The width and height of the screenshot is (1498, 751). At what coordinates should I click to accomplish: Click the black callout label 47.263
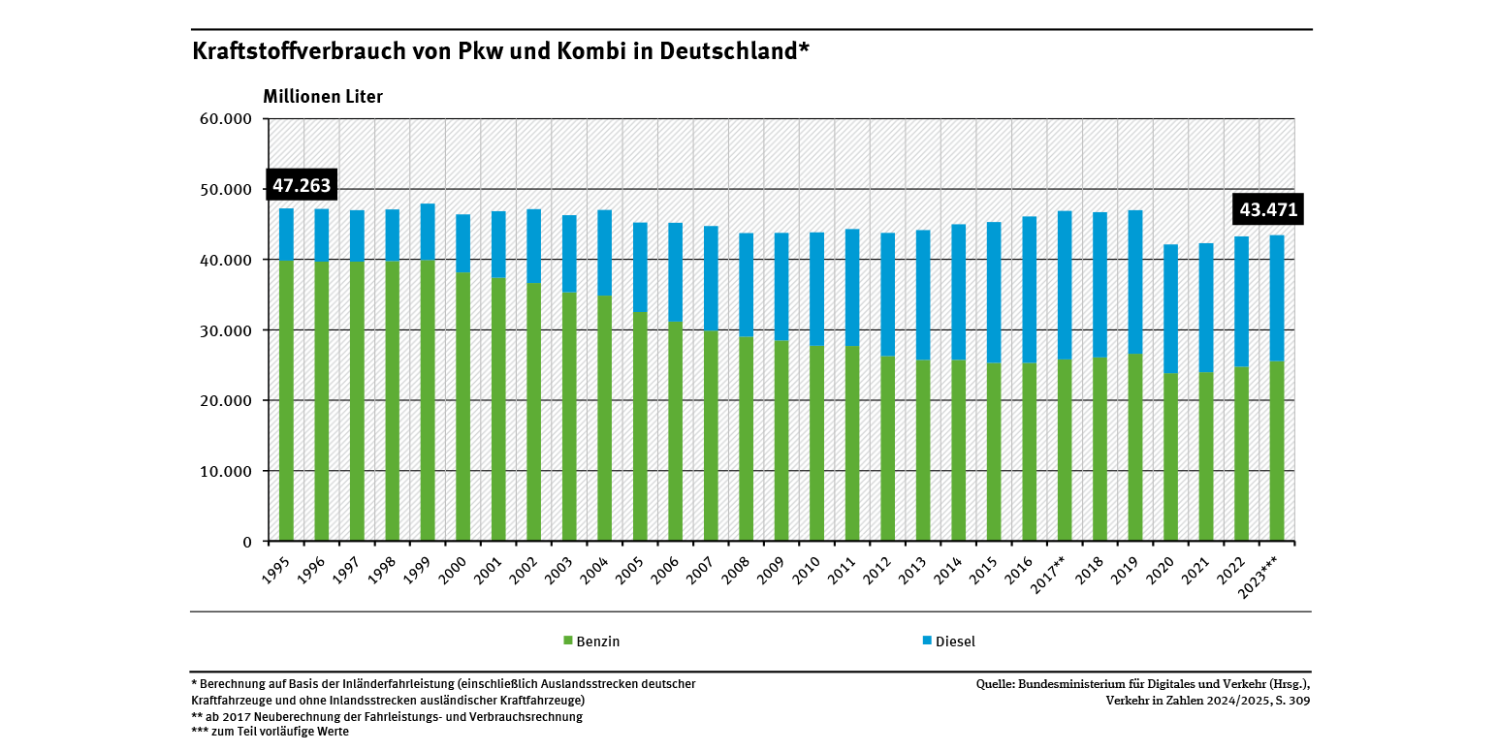(x=301, y=186)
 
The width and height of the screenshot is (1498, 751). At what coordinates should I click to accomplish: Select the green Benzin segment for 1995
(x=286, y=400)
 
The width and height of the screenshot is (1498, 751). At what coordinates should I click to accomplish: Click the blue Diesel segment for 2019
(x=1135, y=282)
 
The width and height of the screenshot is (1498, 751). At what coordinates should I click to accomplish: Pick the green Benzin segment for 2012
(x=887, y=448)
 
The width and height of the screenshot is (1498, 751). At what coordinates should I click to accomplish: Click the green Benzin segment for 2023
(x=1277, y=451)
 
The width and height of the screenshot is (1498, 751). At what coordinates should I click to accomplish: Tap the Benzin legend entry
(x=591, y=641)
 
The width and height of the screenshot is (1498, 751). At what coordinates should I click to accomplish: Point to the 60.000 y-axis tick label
(x=226, y=119)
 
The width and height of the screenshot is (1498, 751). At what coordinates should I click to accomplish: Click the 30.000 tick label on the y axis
(x=226, y=330)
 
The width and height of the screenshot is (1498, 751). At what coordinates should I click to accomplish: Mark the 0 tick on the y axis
(x=247, y=542)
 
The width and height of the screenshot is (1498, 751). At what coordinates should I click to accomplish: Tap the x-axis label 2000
(x=460, y=568)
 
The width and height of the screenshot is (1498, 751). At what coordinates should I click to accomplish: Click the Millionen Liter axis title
(x=323, y=97)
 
